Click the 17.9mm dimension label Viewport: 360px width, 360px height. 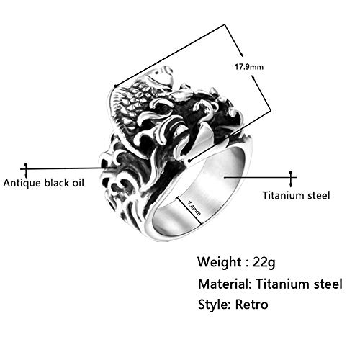[249, 66]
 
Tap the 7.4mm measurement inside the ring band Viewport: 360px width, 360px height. [194, 208]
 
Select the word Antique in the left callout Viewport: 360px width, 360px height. [22, 183]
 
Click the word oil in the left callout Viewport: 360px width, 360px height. [78, 183]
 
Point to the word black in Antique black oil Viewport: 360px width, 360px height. [57, 183]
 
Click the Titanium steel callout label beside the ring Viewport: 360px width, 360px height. [296, 195]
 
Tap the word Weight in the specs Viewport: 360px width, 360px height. [220, 261]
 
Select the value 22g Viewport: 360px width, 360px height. [264, 262]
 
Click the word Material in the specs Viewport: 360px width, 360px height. [225, 284]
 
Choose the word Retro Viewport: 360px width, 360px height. [251, 305]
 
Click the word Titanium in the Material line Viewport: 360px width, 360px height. [282, 284]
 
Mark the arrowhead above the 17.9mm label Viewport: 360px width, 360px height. [241, 54]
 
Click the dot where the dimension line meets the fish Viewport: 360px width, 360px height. [116, 86]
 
